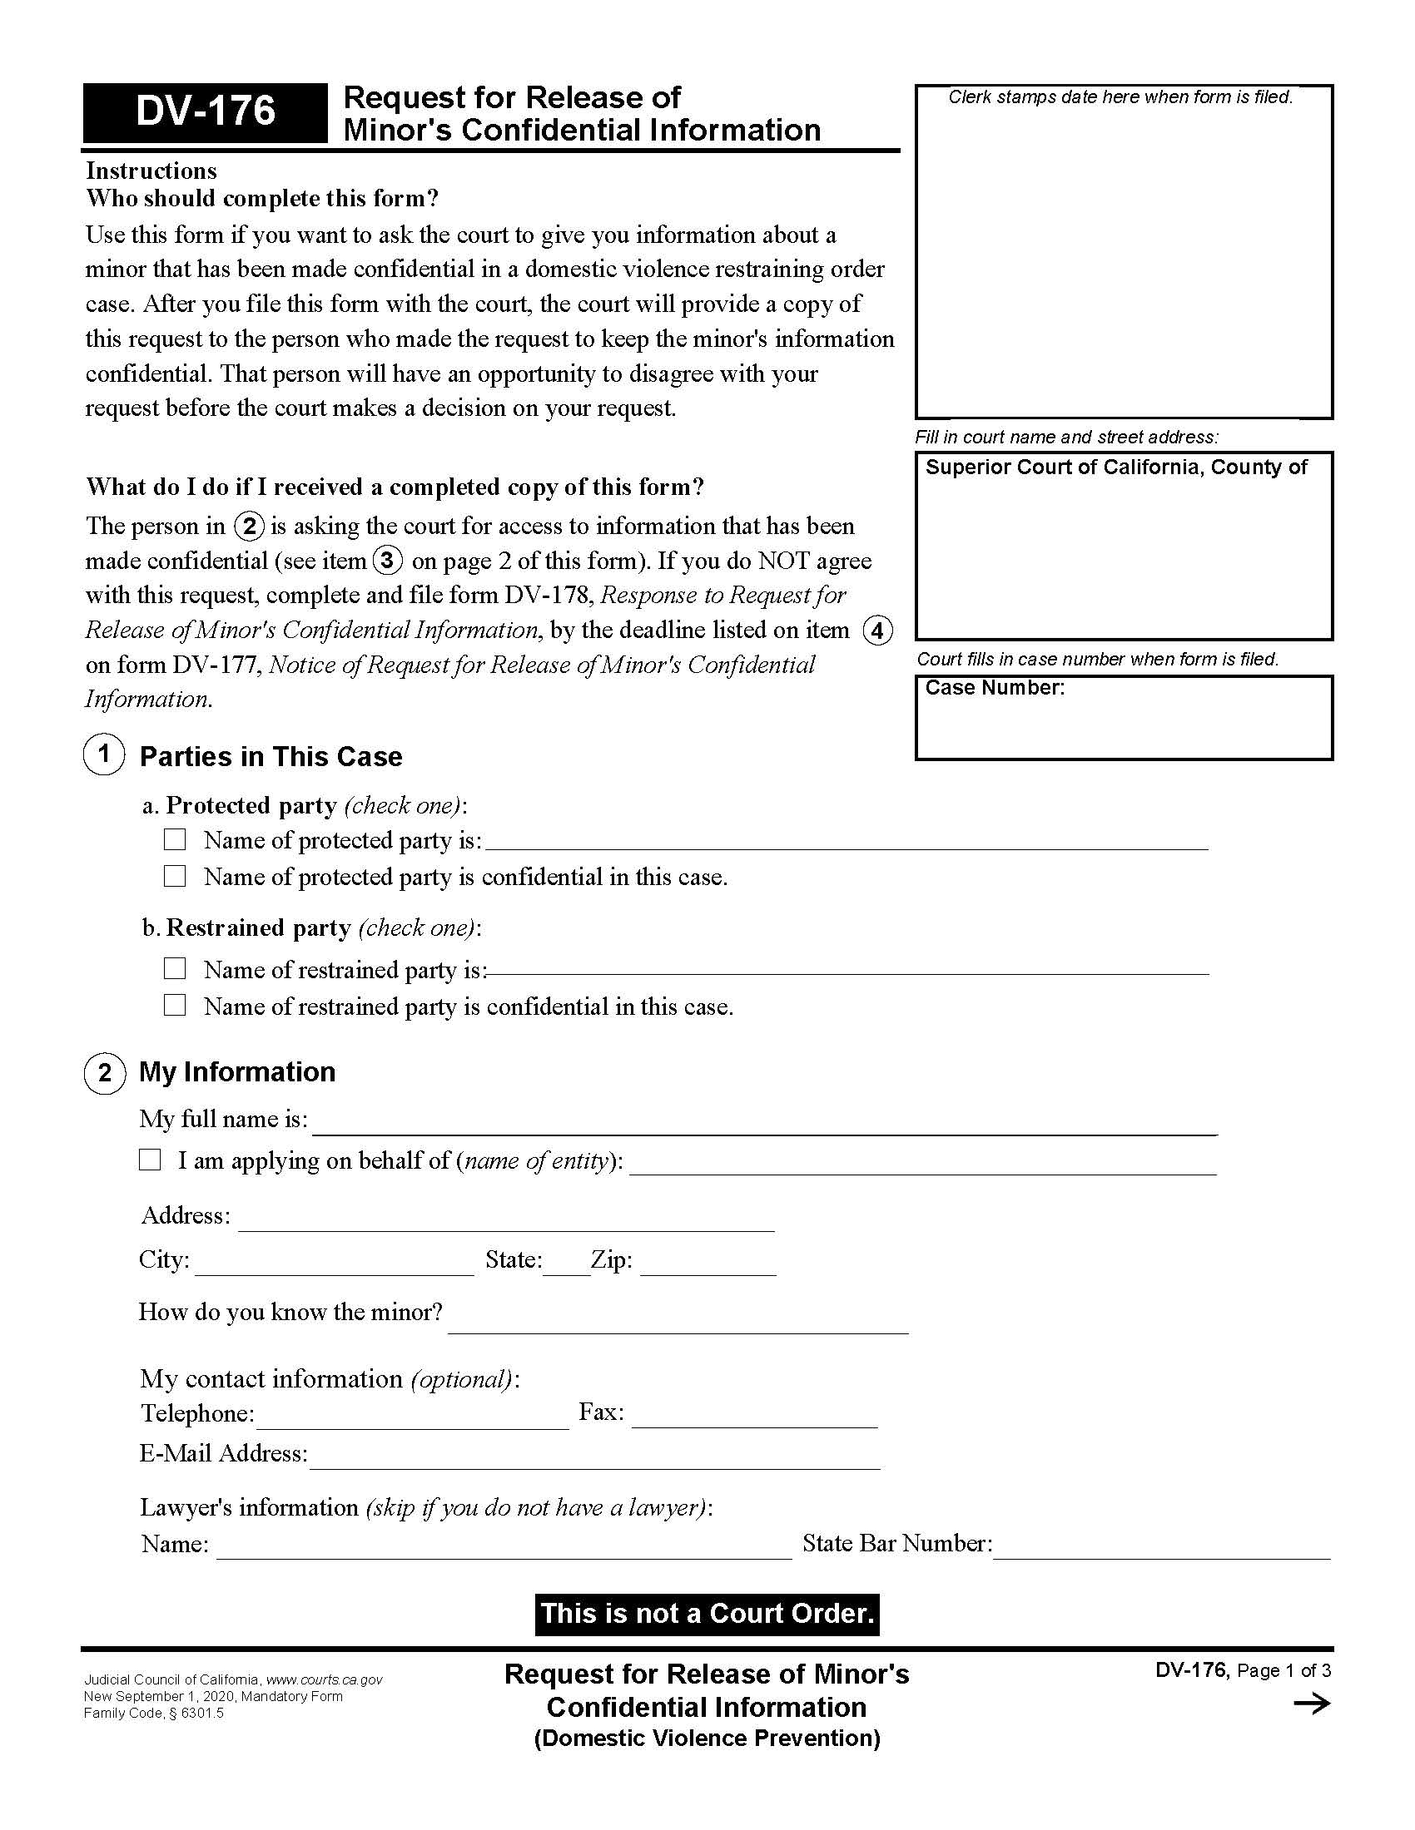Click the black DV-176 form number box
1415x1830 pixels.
206,111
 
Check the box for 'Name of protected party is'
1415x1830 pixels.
174,838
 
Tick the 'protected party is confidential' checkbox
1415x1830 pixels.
174,876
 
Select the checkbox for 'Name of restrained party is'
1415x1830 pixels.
174,967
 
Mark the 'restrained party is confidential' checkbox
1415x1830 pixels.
174,1005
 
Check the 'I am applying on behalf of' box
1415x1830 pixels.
150,1160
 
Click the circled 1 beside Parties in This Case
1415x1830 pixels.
104,754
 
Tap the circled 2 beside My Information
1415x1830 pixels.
104,1072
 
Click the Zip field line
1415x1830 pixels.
707,1264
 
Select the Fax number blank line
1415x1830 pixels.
754,1415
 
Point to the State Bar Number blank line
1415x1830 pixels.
1161,1546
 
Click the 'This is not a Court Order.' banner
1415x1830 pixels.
707,1614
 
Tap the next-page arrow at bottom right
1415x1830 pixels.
1312,1704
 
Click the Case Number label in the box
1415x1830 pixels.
994,688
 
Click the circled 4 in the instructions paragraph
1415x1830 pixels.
876,631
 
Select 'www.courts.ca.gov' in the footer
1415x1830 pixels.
324,1679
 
